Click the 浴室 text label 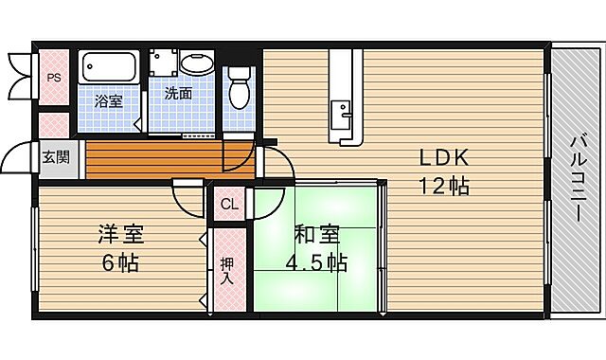click(x=108, y=100)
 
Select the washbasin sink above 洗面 click(x=198, y=64)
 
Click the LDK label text click(x=438, y=157)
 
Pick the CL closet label click(x=230, y=204)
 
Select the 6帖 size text click(x=120, y=262)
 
